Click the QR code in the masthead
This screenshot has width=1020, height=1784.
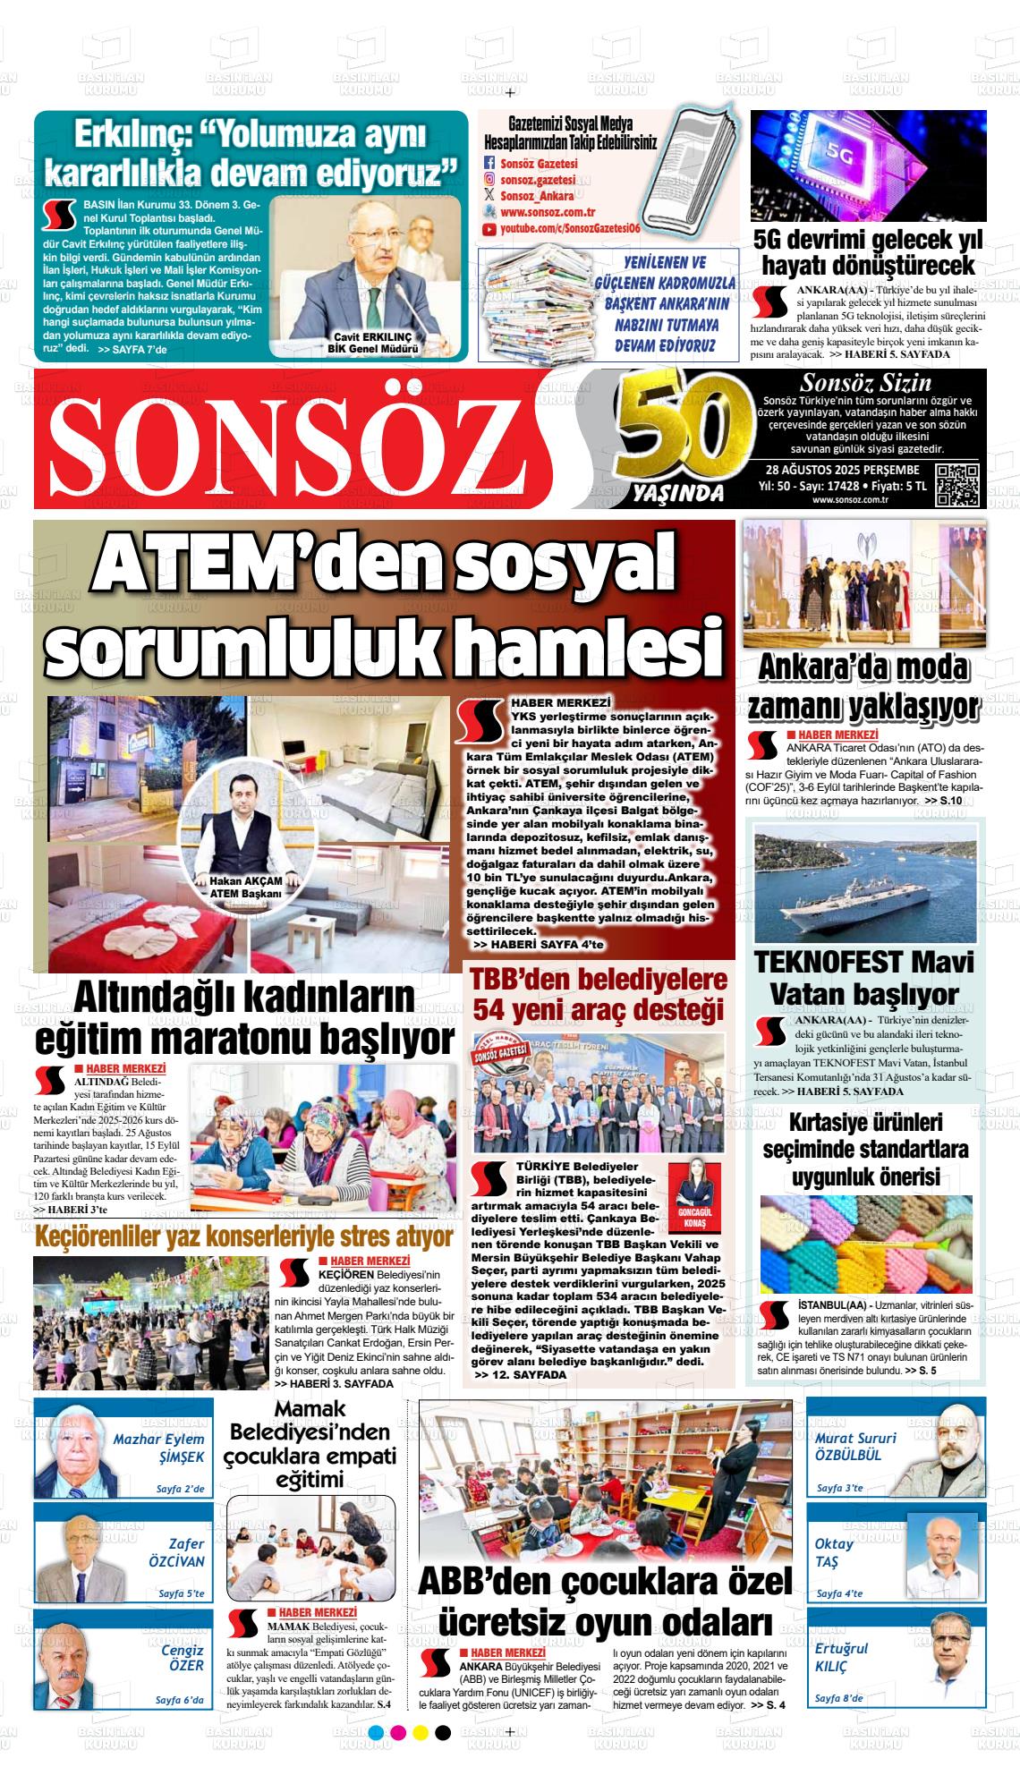tap(958, 485)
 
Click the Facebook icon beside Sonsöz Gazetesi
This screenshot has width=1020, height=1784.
tap(489, 164)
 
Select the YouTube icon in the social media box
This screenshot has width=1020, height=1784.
tap(489, 230)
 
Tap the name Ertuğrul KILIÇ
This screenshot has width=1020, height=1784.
tap(841, 1658)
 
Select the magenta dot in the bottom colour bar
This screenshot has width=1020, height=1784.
tap(399, 1756)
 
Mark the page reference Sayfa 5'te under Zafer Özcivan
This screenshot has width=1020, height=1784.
tap(182, 1593)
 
